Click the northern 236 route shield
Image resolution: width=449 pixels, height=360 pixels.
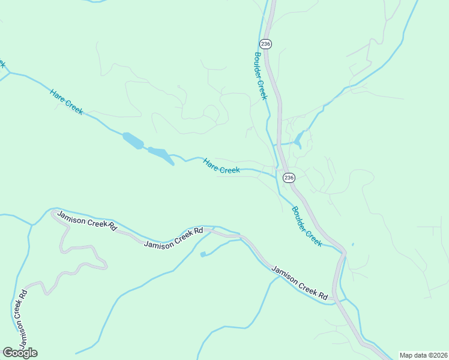click(x=265, y=44)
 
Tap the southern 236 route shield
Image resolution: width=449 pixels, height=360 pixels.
click(x=289, y=178)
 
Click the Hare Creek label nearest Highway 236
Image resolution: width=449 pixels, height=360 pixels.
click(x=221, y=166)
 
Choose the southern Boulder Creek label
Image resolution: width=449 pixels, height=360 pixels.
click(x=307, y=226)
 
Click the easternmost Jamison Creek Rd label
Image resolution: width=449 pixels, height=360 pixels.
click(x=298, y=283)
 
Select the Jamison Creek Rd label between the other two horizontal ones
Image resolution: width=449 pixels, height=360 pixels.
click(x=173, y=237)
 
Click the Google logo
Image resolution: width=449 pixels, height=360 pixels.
click(x=20, y=352)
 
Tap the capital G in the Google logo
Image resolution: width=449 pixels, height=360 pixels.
click(x=7, y=352)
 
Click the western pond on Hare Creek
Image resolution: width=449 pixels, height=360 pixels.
click(x=133, y=141)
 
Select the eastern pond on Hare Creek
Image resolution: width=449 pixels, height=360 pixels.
click(x=160, y=154)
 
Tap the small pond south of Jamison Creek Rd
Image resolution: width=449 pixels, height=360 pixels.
click(x=202, y=254)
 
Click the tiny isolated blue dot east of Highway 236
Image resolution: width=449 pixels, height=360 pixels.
click(x=352, y=244)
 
